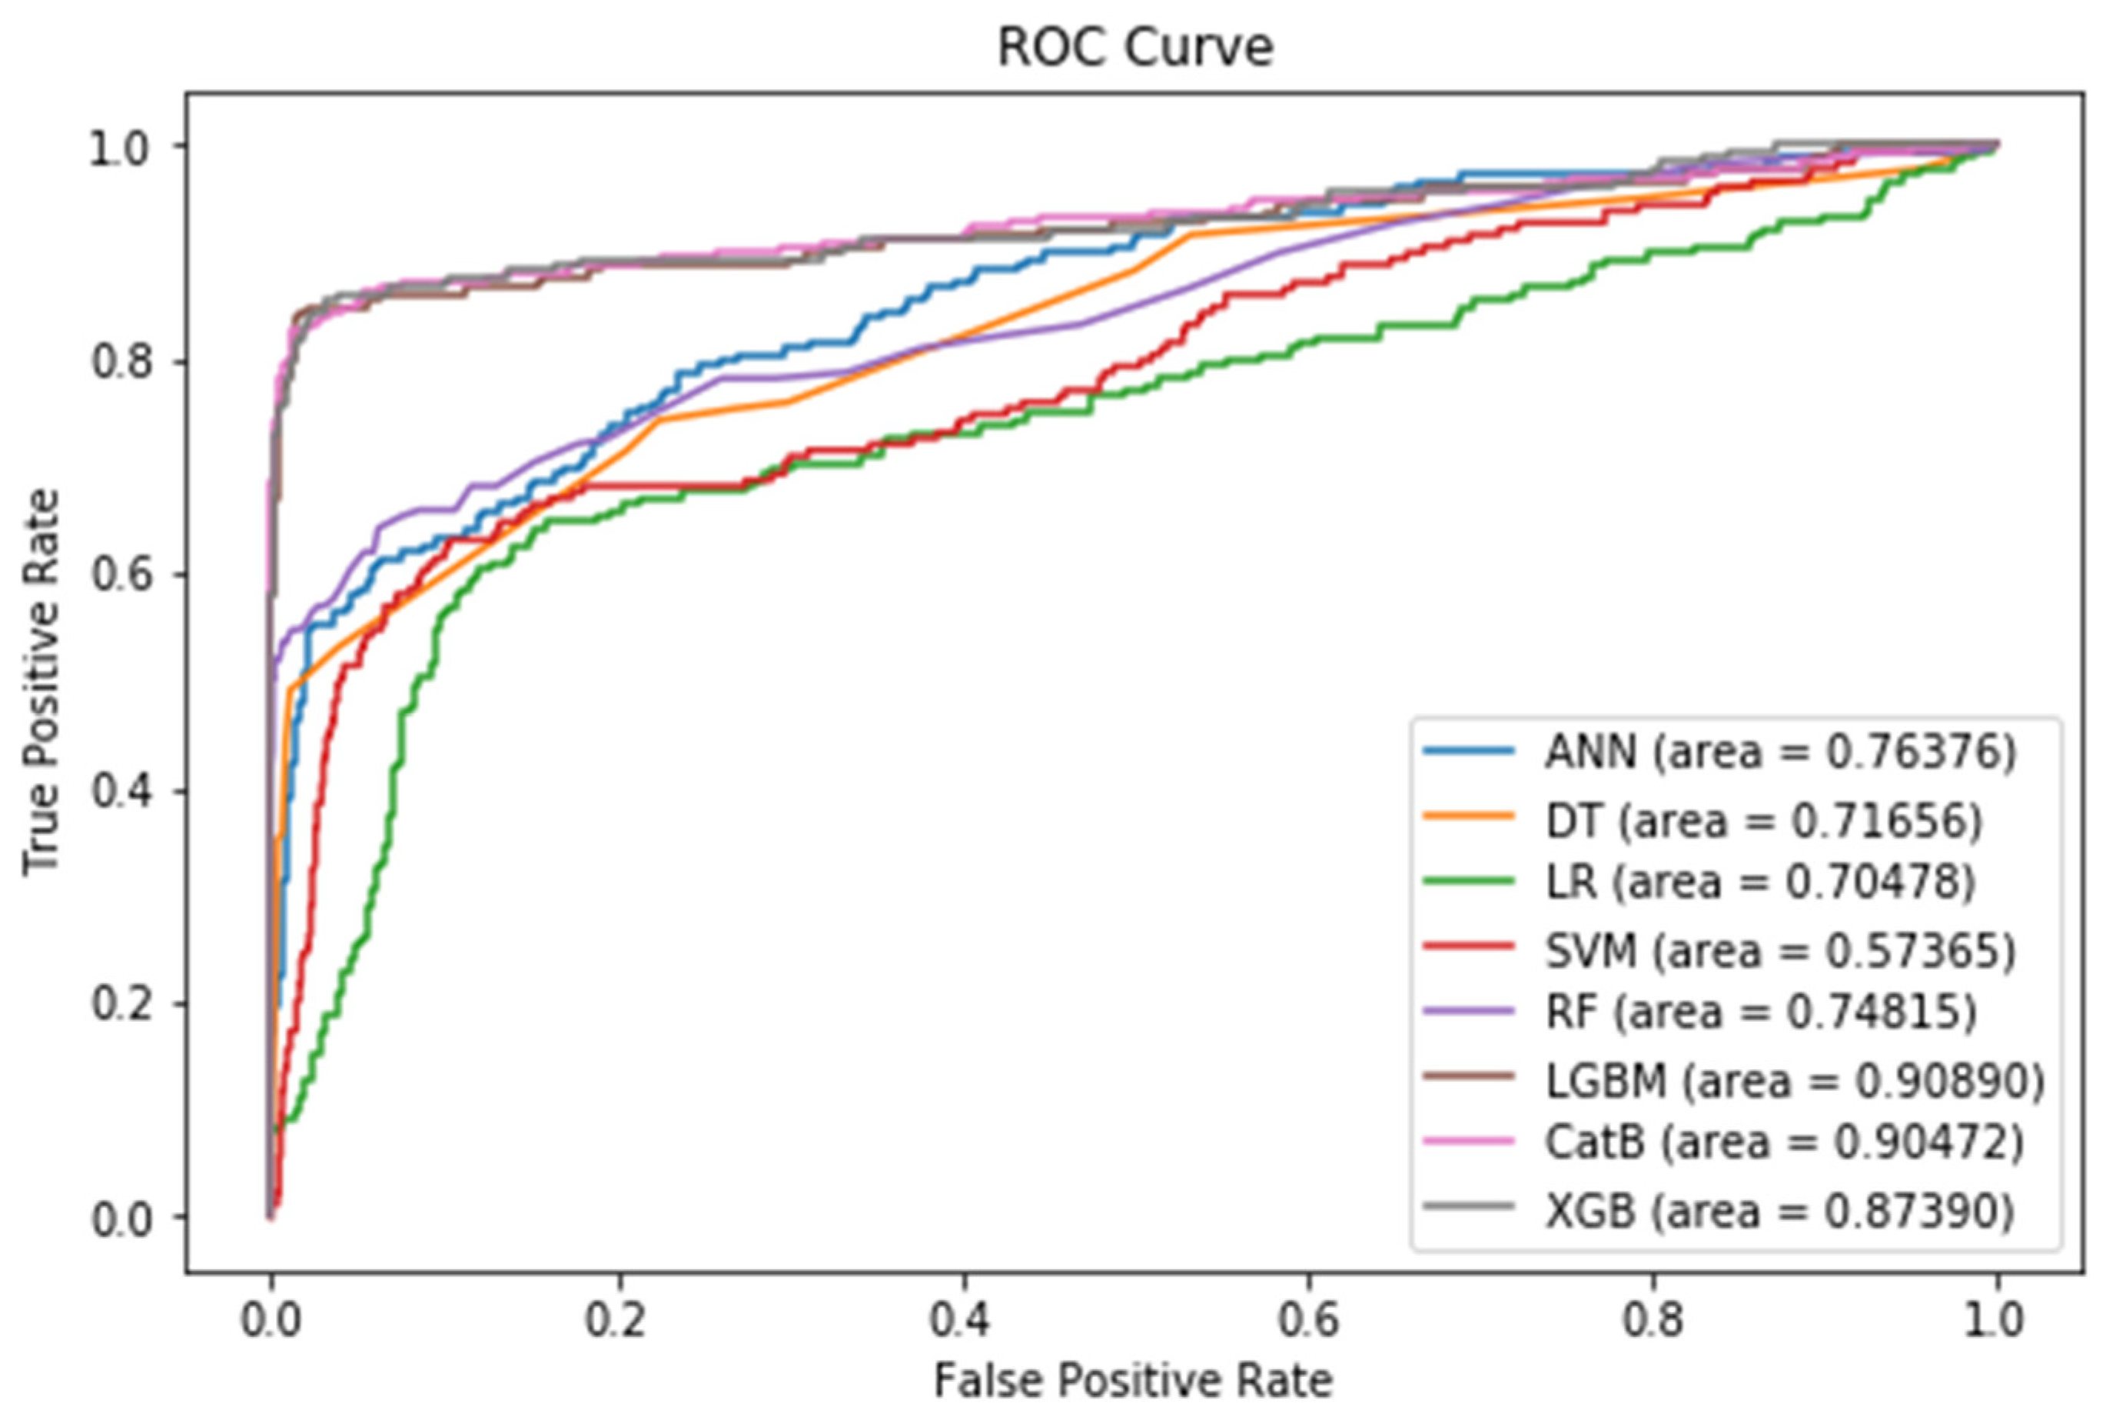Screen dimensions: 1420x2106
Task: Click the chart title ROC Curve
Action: [1134, 47]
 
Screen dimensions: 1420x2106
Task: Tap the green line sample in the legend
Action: [1469, 880]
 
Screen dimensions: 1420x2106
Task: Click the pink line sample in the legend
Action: [1469, 1140]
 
